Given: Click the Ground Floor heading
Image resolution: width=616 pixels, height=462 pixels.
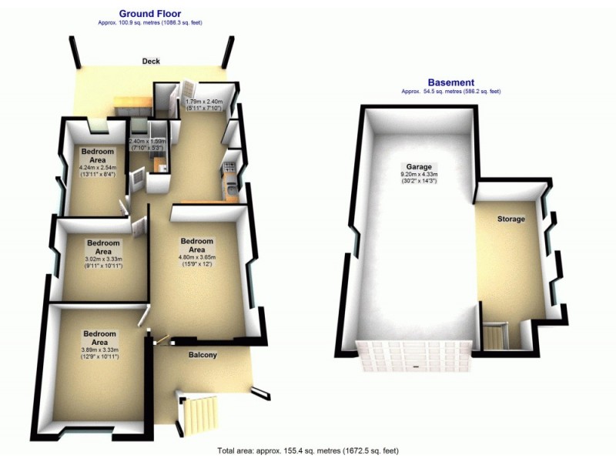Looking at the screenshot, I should pos(150,13).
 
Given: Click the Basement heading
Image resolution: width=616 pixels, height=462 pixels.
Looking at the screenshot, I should pos(450,82).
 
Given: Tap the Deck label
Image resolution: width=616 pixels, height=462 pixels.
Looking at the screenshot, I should pos(151,61).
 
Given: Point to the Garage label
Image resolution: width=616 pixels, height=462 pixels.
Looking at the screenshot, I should pos(420,166).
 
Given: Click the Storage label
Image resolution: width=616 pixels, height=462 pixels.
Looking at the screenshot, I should pos(511,219).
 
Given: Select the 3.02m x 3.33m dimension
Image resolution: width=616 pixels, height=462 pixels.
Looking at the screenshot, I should pos(103,259).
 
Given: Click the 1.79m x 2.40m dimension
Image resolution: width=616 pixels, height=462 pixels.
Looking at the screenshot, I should pos(205,101).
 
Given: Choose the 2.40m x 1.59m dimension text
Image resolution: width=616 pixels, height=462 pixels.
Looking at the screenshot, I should pos(147,141).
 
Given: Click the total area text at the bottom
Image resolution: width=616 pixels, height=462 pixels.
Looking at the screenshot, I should pos(307,450).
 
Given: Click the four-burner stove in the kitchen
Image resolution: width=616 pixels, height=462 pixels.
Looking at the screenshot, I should pos(229,165).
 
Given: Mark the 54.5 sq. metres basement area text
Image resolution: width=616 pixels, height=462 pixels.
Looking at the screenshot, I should pos(450,92).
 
